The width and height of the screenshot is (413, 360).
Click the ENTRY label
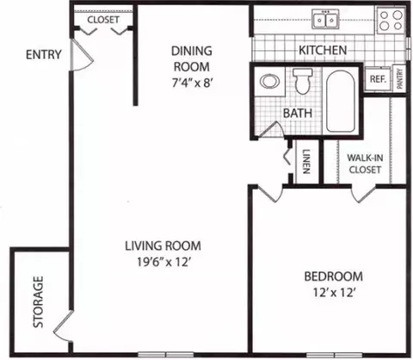pyautogui.click(x=44, y=54)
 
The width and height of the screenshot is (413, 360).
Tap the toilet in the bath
pyautogui.click(x=303, y=81)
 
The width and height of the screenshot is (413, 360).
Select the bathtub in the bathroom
pyautogui.click(x=341, y=102)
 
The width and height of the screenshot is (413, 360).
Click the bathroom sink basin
pyautogui.click(x=270, y=81)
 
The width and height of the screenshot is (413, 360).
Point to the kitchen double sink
pyautogui.click(x=325, y=19)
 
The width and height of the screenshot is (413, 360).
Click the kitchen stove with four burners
pyautogui.click(x=391, y=20)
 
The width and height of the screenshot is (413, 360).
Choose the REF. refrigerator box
pyautogui.click(x=378, y=79)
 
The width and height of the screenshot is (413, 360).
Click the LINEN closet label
pyautogui.click(x=306, y=162)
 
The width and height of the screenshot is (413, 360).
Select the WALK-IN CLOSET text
pyautogui.click(x=365, y=164)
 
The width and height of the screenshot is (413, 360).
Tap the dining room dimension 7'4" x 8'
pyautogui.click(x=192, y=84)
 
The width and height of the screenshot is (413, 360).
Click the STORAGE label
pyautogui.click(x=38, y=301)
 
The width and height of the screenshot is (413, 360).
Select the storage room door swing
pyautogui.click(x=63, y=326)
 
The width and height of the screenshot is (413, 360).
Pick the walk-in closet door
pyautogui.click(x=363, y=195)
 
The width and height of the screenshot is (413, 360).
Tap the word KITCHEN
pyautogui.click(x=323, y=50)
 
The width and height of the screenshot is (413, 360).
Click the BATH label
pyautogui.click(x=298, y=113)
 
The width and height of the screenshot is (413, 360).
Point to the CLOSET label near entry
pyautogui.click(x=103, y=20)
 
